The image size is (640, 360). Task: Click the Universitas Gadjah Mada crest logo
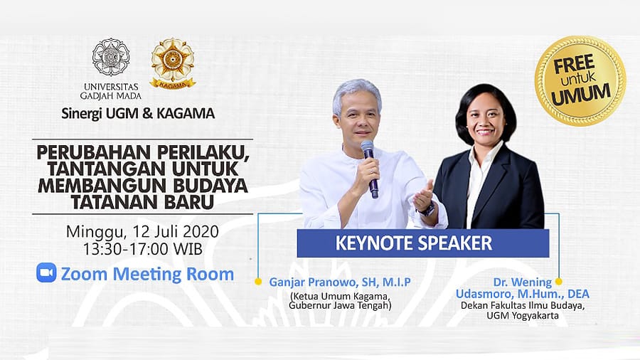(111, 57)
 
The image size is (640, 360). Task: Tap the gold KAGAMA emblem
(173, 63)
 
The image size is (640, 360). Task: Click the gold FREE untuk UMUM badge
(580, 81)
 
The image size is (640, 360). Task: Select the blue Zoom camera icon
(46, 272)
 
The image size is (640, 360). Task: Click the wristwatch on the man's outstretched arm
(427, 210)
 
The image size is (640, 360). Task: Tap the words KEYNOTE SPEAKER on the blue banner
(413, 243)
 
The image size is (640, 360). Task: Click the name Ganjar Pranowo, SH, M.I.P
(340, 282)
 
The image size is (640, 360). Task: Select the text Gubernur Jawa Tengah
(340, 305)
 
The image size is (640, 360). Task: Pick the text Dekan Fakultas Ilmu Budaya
(523, 306)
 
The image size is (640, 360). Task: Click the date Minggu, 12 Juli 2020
(142, 232)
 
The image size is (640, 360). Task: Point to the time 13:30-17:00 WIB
(143, 249)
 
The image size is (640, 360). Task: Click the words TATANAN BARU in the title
(142, 201)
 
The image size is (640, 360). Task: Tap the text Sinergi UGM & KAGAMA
(138, 113)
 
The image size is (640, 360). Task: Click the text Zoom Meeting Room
(147, 274)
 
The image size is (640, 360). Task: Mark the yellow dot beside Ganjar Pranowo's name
(258, 282)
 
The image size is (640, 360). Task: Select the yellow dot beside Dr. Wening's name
(559, 281)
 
